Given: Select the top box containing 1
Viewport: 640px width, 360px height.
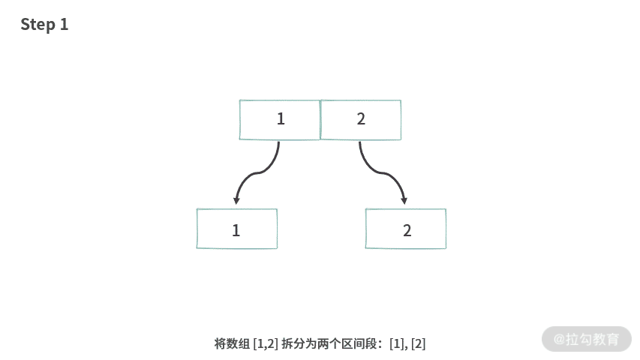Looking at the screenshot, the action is (280, 119).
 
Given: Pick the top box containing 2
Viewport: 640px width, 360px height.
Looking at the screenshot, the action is (361, 119).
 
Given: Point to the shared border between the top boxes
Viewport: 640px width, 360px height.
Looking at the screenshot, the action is (320, 119).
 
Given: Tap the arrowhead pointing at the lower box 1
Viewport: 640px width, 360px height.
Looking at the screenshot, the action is (236, 200).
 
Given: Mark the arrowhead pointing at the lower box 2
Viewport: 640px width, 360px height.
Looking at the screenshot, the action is (404, 200).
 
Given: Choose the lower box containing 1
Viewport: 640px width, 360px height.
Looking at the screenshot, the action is (236, 229).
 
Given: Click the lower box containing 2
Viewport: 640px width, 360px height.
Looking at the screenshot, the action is (406, 229).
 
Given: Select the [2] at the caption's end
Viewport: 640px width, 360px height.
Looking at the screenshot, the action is (418, 343).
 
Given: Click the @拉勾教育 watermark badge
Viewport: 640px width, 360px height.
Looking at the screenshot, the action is (586, 339).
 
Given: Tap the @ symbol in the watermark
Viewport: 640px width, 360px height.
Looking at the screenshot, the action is (559, 339).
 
